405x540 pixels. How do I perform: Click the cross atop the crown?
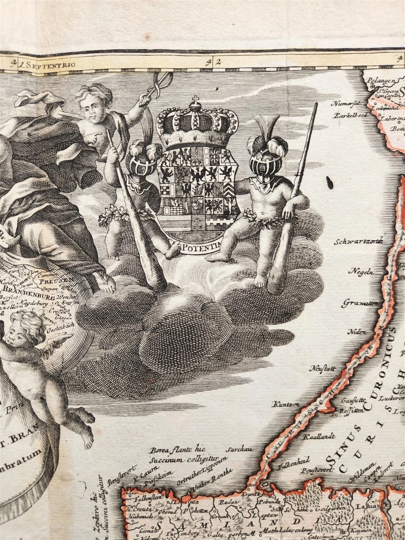196,101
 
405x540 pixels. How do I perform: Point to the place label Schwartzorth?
358,241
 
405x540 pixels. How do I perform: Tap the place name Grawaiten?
361,303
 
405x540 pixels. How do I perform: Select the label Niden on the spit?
357,332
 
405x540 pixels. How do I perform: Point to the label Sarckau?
236,449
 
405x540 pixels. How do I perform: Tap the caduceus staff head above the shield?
162,80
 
